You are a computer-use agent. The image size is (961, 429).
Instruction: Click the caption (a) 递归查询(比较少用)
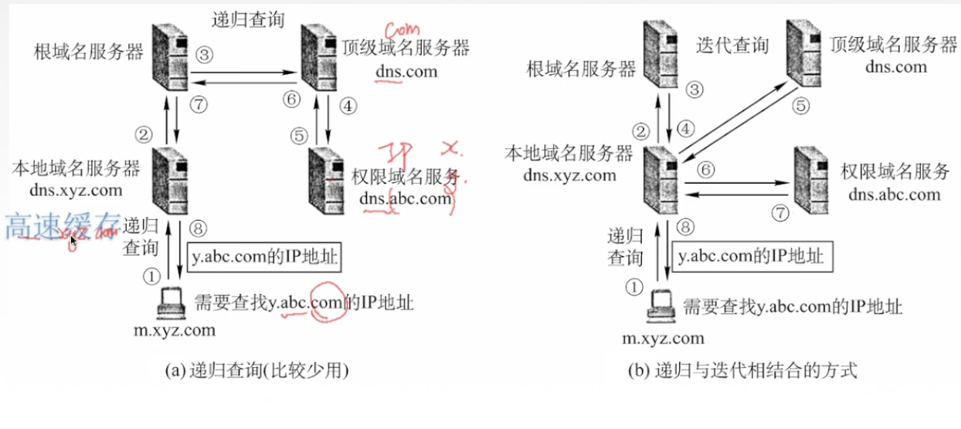coord(257,370)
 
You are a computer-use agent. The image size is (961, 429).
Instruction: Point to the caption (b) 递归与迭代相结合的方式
coord(742,370)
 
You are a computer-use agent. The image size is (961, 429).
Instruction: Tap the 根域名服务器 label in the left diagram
coord(89,52)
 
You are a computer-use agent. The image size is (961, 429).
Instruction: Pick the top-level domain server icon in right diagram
coord(807,49)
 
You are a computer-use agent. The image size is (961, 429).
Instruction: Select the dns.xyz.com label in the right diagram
coord(569,174)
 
